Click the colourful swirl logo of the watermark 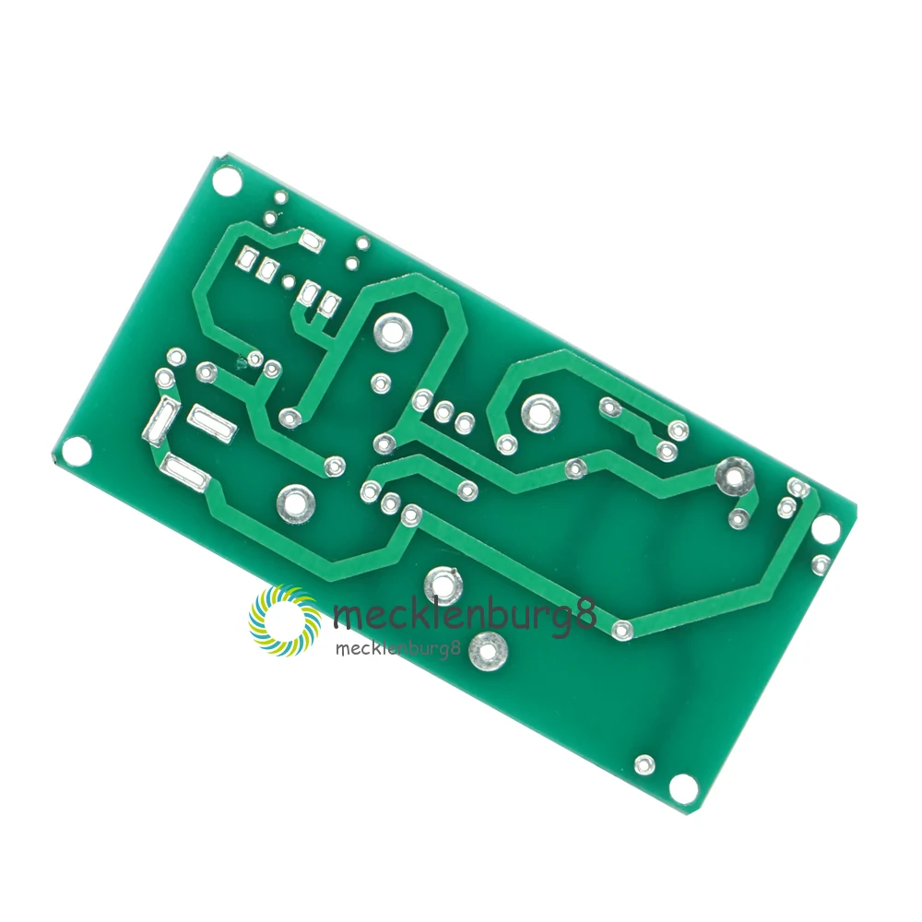point(285,620)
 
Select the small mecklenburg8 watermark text point(396,648)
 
